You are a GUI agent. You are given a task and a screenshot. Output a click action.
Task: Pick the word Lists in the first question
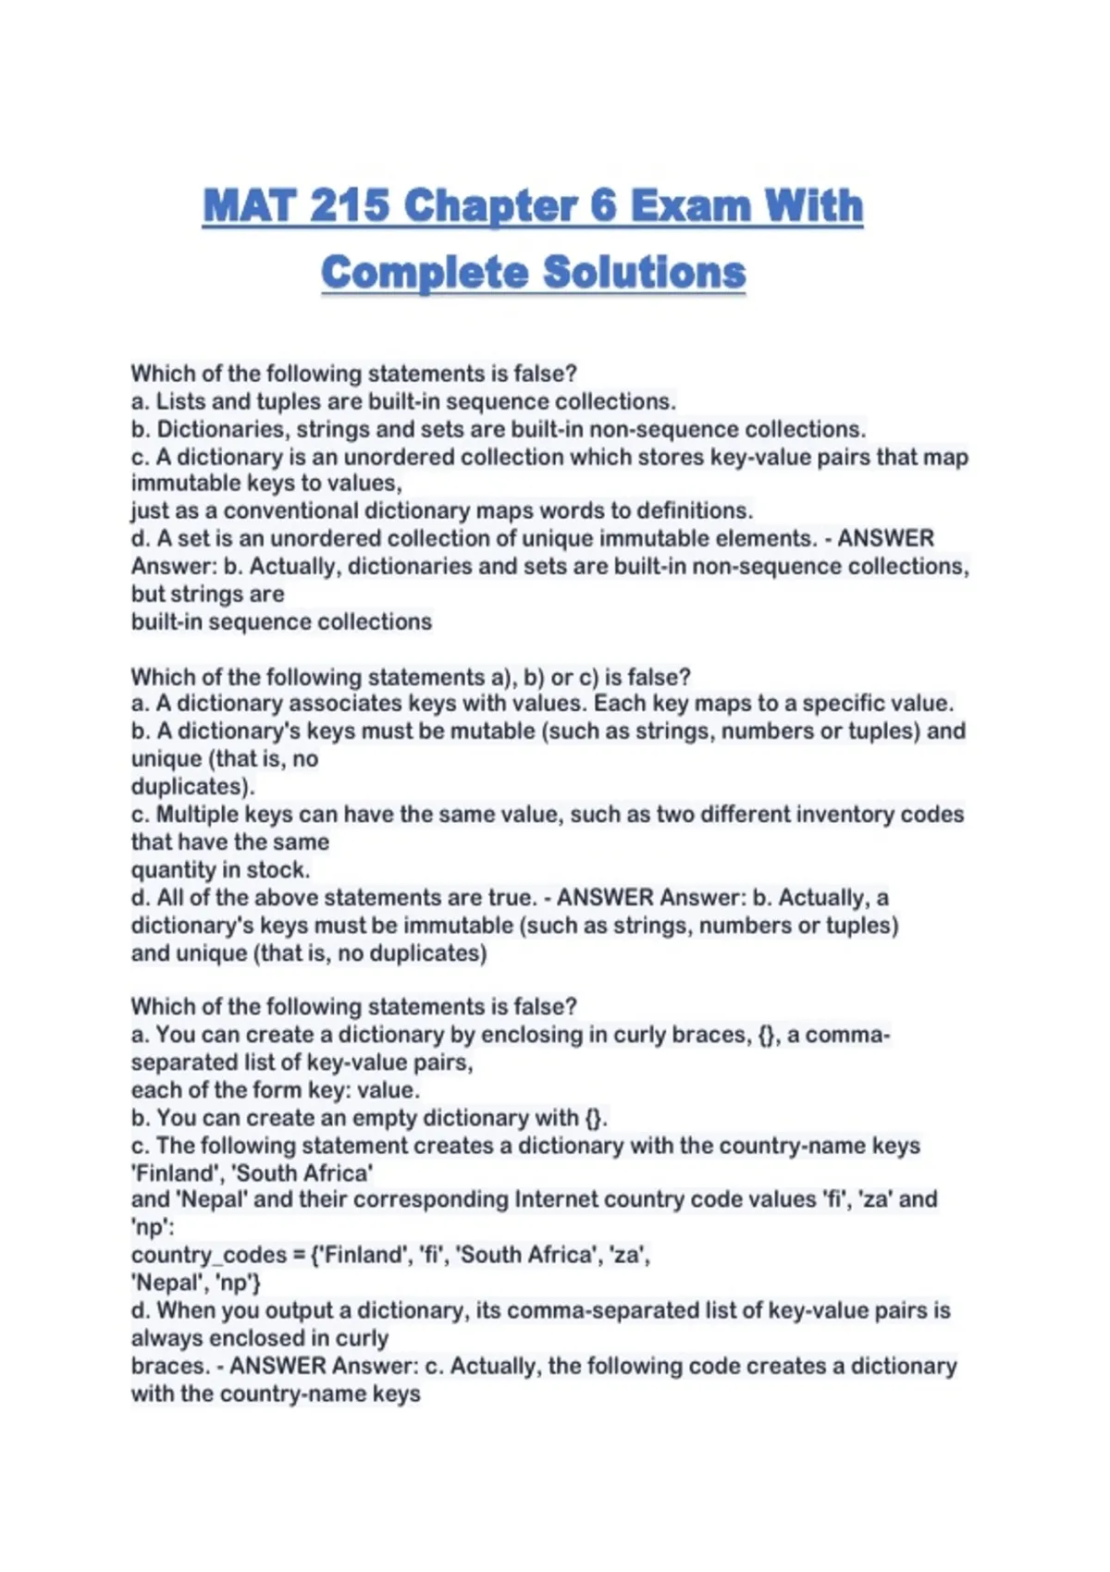pyautogui.click(x=180, y=401)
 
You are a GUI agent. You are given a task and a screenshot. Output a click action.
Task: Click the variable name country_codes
pyautogui.click(x=208, y=1255)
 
